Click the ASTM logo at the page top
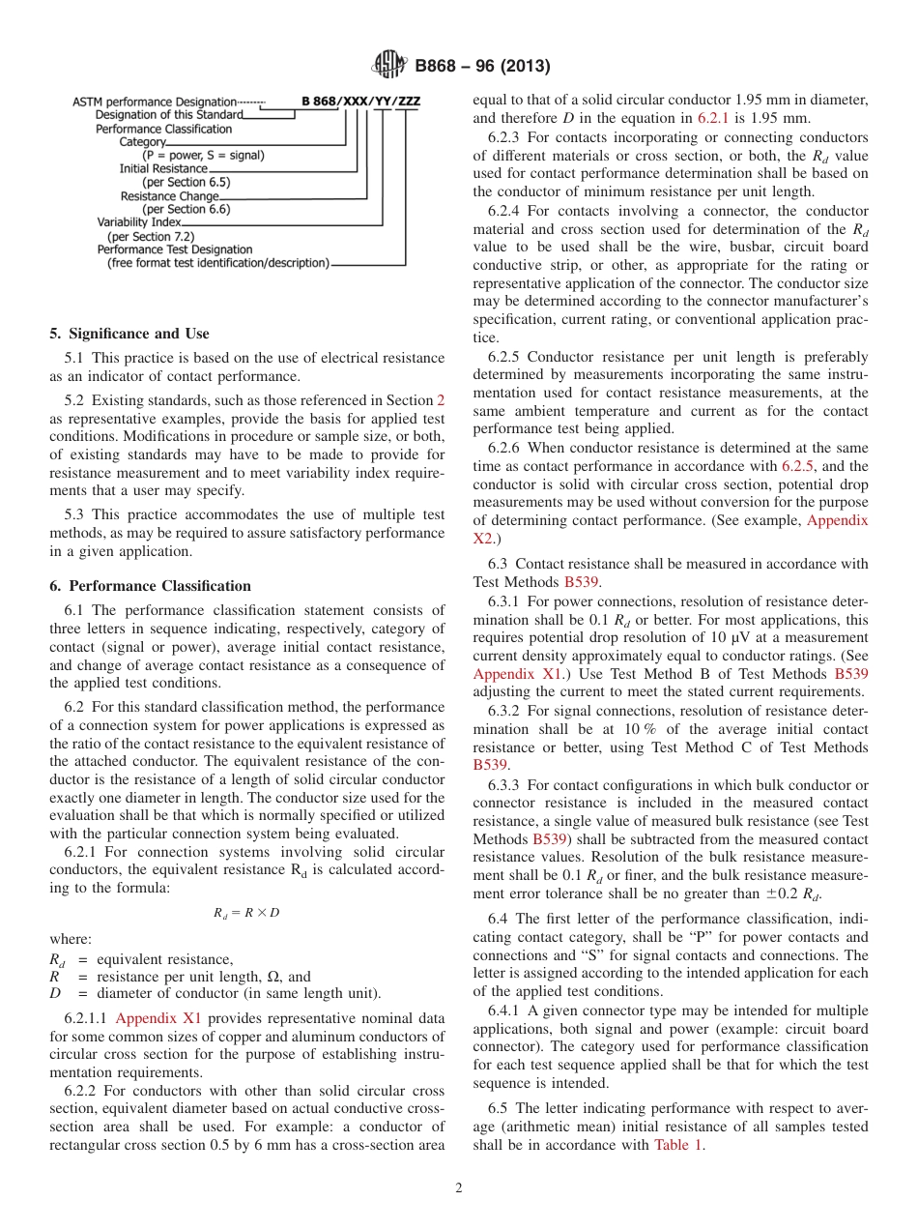389,67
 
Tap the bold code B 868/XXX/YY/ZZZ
360,102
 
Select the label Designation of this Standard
169,115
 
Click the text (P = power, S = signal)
204,155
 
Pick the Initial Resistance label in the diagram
163,168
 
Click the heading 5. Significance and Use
129,334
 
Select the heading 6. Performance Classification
150,586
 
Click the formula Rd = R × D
246,912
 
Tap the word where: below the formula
71,938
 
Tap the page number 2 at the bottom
459,1188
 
